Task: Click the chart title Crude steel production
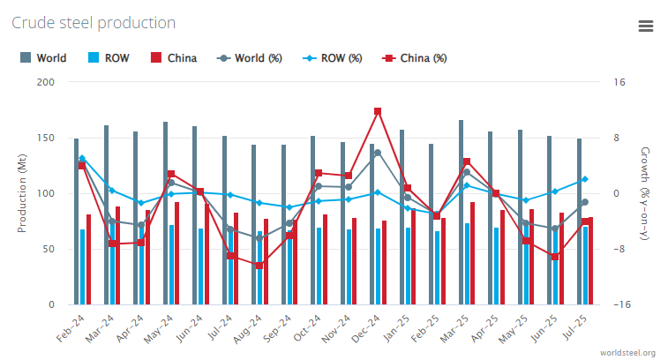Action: (94, 22)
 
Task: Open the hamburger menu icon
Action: (645, 26)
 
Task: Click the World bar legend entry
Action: (44, 58)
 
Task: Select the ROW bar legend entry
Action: (109, 58)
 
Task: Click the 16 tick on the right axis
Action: (619, 82)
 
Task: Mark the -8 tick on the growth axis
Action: (619, 249)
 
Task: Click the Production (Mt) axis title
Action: (22, 192)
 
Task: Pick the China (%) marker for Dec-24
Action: (378, 111)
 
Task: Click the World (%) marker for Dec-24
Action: (378, 153)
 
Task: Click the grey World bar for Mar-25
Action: (461, 212)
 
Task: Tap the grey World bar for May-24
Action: (165, 212)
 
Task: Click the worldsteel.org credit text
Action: (627, 353)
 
